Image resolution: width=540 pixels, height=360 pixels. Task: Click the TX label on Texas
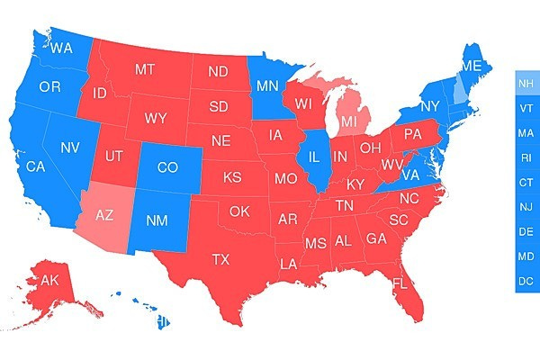tap(220, 259)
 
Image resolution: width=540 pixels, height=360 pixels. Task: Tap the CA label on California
tap(35, 166)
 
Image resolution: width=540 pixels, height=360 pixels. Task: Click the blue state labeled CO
tap(167, 167)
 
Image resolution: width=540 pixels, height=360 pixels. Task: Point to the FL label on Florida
tap(400, 284)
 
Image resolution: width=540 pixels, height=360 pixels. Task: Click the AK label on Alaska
tap(49, 280)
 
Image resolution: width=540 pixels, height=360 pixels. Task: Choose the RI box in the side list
tap(526, 157)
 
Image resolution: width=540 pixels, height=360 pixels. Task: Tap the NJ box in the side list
tap(526, 207)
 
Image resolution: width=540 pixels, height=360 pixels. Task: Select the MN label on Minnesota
tap(266, 86)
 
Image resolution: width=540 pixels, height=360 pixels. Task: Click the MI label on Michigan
tap(349, 120)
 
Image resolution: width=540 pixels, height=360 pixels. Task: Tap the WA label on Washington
tap(62, 48)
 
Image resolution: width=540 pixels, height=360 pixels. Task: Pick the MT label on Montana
tap(145, 69)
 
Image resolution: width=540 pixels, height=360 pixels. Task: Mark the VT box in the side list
tap(526, 108)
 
